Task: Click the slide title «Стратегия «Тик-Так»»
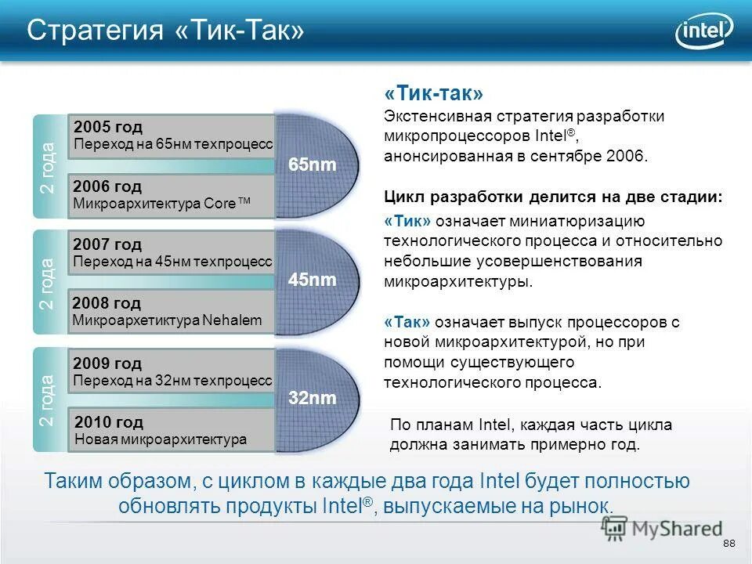(x=165, y=31)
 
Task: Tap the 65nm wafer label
(x=312, y=165)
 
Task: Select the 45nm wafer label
(x=312, y=280)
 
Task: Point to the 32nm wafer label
(x=312, y=398)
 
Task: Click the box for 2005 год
(x=172, y=136)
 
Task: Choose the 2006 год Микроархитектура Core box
(x=172, y=195)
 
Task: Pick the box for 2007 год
(x=172, y=253)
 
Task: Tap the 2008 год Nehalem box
(x=172, y=312)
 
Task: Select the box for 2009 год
(x=172, y=371)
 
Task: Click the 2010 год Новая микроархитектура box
(x=172, y=431)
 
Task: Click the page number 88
(x=729, y=544)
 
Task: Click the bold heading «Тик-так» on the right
(x=433, y=94)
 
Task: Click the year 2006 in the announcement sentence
(x=627, y=156)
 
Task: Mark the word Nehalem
(x=232, y=320)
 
